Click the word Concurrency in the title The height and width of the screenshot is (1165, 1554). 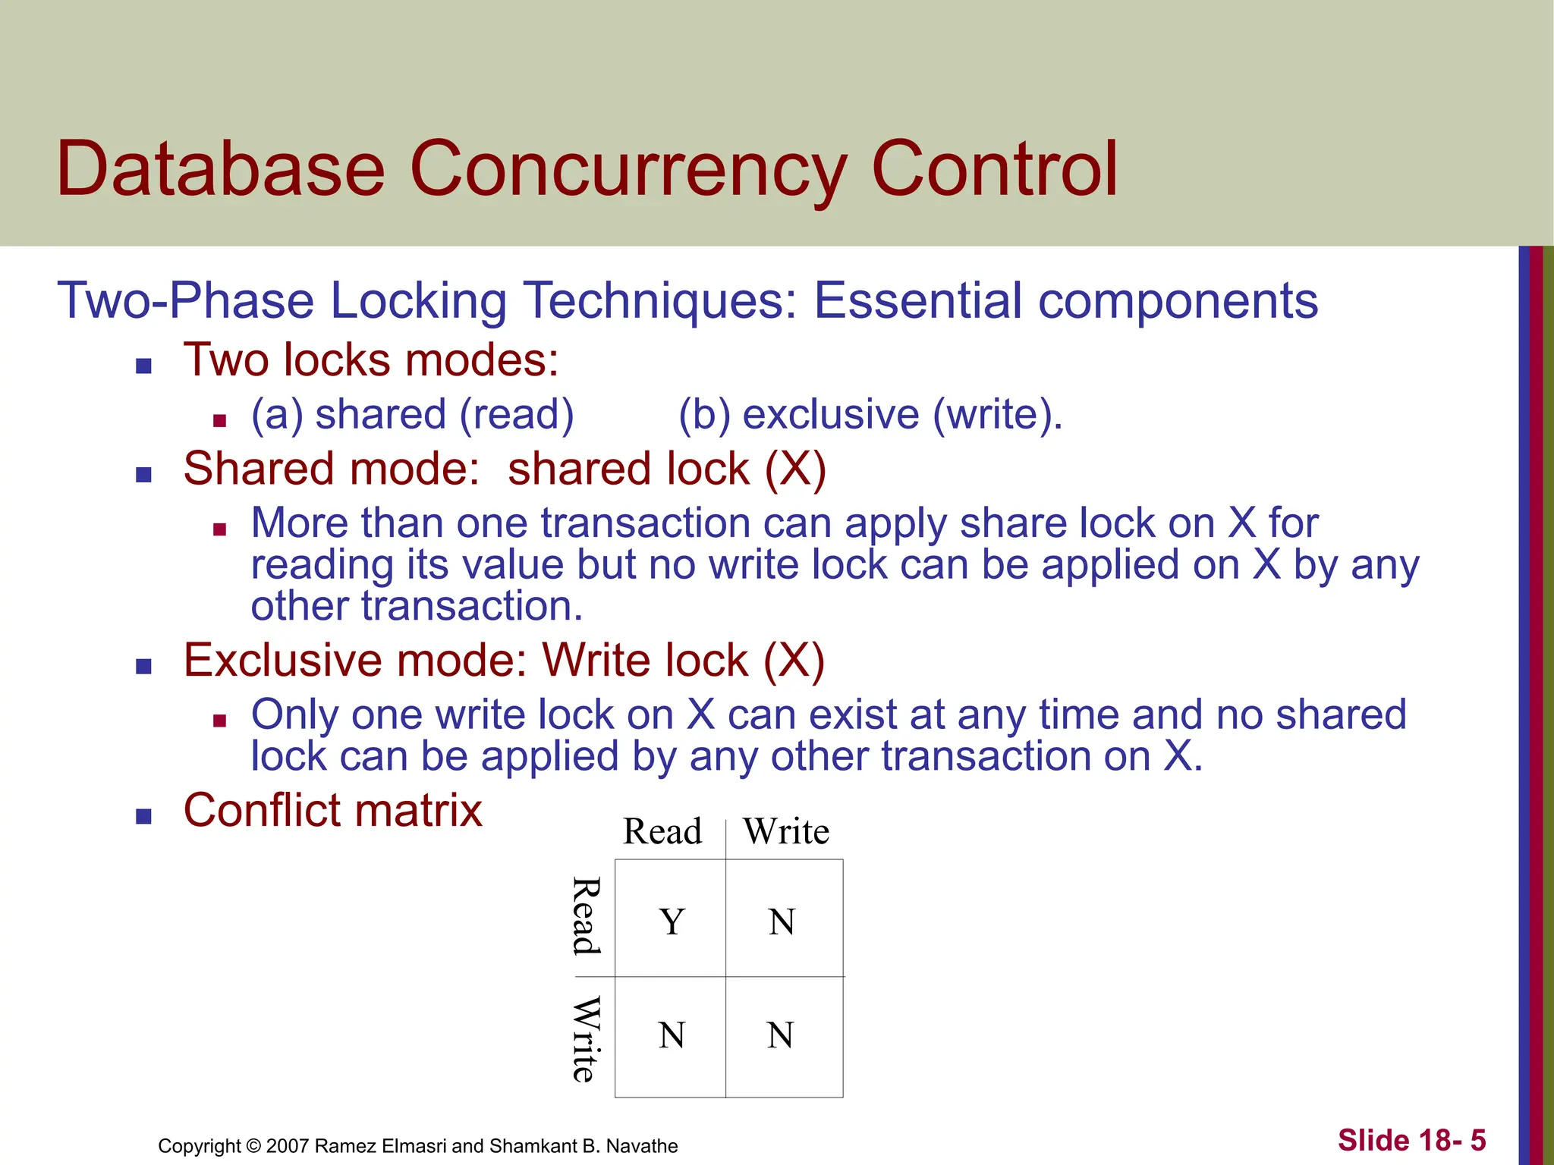pyautogui.click(x=628, y=171)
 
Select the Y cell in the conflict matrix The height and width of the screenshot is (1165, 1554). pyautogui.click(x=672, y=922)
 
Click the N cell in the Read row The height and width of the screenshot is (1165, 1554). pyautogui.click(x=782, y=922)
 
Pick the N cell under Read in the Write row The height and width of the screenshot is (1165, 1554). pyautogui.click(x=672, y=1035)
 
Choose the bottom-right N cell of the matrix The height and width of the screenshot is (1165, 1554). pyautogui.click(x=781, y=1035)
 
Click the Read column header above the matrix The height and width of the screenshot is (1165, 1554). pyautogui.click(x=662, y=831)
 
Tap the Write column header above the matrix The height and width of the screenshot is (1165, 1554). pyautogui.click(x=786, y=831)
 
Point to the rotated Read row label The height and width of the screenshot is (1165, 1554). pyautogui.click(x=586, y=915)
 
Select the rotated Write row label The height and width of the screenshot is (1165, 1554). pyautogui.click(x=586, y=1039)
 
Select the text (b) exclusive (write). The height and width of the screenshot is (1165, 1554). pyautogui.click(x=870, y=415)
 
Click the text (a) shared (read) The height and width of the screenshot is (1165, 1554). pyautogui.click(x=412, y=415)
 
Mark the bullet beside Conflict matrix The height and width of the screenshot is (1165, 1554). pyautogui.click(x=143, y=816)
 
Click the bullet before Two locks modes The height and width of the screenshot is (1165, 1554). pyautogui.click(x=143, y=366)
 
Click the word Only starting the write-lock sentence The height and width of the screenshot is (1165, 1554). pyautogui.click(x=294, y=715)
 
